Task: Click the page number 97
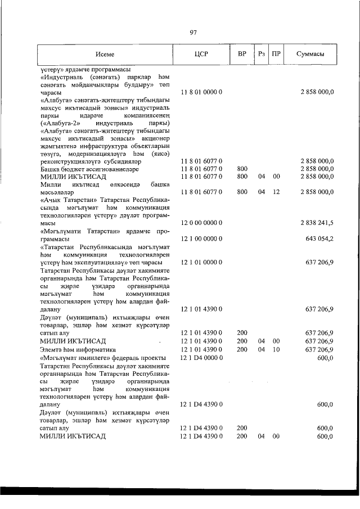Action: coord(193,32)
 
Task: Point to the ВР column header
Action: coord(241,55)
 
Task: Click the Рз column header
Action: coord(261,55)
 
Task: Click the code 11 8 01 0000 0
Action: coord(202,92)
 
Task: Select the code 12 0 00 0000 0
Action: coord(202,223)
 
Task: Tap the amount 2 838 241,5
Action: coord(317,223)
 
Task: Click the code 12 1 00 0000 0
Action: coord(202,238)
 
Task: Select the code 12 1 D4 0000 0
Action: coord(202,358)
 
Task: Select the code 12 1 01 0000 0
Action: coord(202,262)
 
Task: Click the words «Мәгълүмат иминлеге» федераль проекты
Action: coord(102,358)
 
